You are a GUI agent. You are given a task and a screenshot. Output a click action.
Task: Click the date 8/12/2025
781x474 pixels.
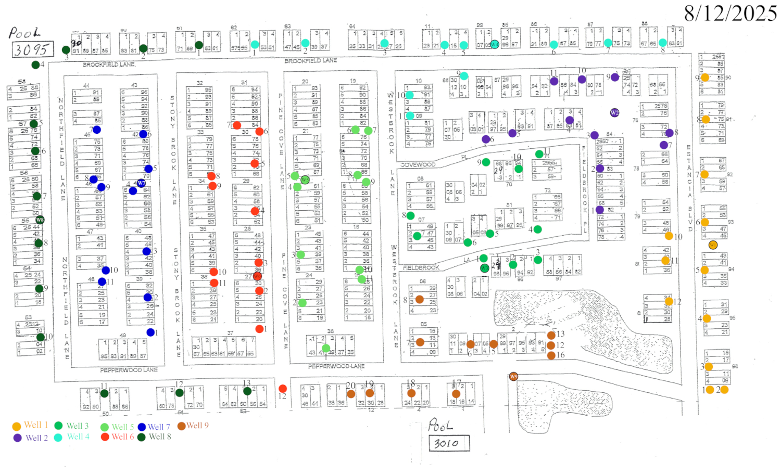[x=730, y=13]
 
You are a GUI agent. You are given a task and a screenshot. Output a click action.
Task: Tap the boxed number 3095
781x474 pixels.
[x=32, y=49]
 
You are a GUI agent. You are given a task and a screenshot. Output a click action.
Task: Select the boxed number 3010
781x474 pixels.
[x=449, y=443]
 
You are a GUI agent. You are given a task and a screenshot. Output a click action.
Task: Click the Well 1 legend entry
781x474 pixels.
[x=30, y=426]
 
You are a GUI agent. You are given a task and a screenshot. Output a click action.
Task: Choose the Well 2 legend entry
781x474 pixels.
[x=31, y=438]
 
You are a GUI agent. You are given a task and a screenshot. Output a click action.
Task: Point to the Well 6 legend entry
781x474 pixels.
[x=117, y=437]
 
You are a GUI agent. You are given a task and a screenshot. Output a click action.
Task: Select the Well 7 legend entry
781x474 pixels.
[x=154, y=427]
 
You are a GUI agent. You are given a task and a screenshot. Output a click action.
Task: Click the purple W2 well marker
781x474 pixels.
[x=614, y=112]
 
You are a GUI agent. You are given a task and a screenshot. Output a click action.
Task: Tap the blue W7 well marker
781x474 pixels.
[x=141, y=183]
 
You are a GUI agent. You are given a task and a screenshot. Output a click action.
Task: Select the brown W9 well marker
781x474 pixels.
[x=513, y=377]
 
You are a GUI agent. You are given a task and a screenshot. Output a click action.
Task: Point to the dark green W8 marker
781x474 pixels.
[x=40, y=220]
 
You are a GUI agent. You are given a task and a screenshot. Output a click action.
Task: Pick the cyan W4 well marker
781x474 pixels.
[x=494, y=44]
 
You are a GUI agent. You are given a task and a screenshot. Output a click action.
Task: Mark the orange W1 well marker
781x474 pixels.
[x=713, y=245]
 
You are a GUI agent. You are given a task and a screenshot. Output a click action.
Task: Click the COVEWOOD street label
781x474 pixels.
[x=418, y=164]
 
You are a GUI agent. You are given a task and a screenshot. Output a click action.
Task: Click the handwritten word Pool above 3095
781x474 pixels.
[x=23, y=33]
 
